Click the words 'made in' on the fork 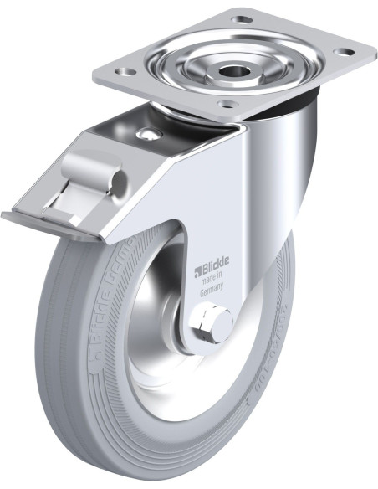pyautogui.click(x=213, y=282)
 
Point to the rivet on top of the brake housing pyautogui.click(x=149, y=135)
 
